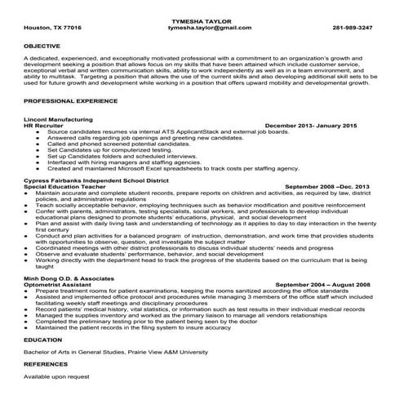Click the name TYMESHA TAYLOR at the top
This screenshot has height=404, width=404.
pyautogui.click(x=202, y=19)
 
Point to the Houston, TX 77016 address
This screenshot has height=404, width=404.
pyautogui.click(x=53, y=27)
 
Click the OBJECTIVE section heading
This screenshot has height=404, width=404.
pyautogui.click(x=42, y=46)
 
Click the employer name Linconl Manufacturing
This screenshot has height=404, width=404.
pyautogui.click(x=60, y=119)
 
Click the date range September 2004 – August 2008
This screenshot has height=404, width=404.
pyautogui.click(x=322, y=283)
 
